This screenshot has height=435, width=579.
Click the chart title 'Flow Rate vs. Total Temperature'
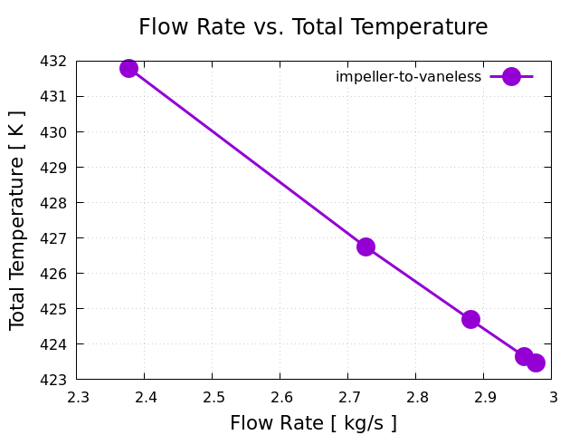click(313, 27)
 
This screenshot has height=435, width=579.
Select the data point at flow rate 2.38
click(128, 68)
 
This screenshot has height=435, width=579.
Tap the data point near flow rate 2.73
click(365, 246)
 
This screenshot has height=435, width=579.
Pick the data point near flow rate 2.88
click(470, 319)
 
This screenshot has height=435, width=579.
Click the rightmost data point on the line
click(536, 362)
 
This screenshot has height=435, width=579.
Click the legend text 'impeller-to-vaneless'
click(408, 77)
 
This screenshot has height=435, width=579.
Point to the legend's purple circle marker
click(511, 76)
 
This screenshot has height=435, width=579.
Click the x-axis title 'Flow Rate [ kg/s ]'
click(313, 423)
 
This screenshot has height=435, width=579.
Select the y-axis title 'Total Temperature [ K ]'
click(17, 220)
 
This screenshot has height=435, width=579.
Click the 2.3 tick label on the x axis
click(77, 397)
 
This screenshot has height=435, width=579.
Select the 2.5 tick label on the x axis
click(213, 397)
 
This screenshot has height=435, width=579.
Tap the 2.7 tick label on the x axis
click(348, 397)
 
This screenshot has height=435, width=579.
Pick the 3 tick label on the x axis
click(552, 397)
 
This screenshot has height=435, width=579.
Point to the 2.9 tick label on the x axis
click(484, 397)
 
